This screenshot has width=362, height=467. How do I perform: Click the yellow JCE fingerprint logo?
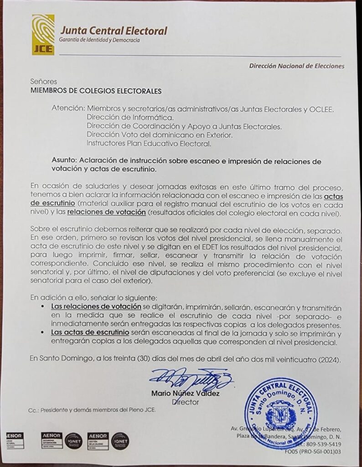43,35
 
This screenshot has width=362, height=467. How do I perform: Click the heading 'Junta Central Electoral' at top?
114,31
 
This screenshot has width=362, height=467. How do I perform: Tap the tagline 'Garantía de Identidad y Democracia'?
100,41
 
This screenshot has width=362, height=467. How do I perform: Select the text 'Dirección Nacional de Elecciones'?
296,66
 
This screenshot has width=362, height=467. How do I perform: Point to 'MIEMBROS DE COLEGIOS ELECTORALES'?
96,91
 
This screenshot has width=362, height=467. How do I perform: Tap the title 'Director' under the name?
186,402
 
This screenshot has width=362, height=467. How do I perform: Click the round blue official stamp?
279,407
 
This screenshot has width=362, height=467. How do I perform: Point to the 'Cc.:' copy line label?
33,410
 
